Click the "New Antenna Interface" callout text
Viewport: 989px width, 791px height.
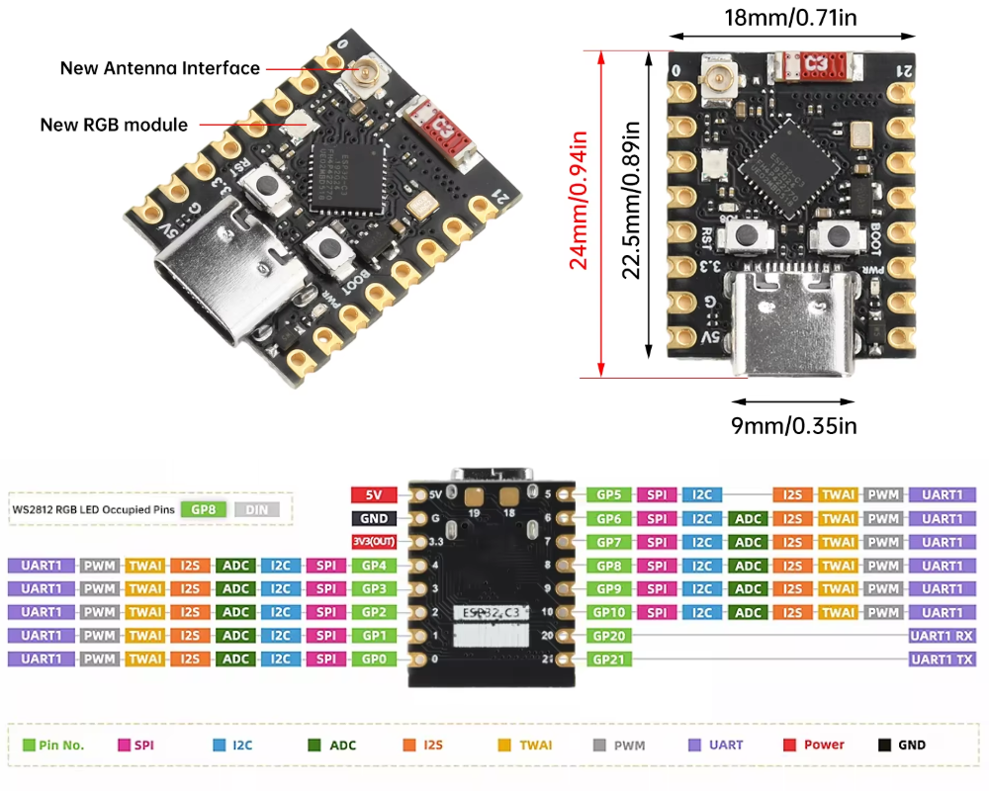click(159, 68)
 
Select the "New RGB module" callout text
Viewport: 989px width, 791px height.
click(114, 125)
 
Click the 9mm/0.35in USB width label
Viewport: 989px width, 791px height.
click(793, 426)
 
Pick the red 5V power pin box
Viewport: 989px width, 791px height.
click(374, 494)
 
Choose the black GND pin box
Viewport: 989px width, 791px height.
click(374, 518)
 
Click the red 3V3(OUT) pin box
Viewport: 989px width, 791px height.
click(374, 542)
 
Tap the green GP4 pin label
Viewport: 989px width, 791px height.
click(374, 566)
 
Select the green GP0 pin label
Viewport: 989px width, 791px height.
click(374, 659)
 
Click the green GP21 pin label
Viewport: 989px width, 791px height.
click(609, 659)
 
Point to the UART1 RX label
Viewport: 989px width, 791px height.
click(941, 636)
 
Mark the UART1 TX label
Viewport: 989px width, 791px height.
click(941, 659)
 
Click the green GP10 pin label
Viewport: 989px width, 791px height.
click(609, 613)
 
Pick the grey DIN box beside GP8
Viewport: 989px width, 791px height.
click(257, 510)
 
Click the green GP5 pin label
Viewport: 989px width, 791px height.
click(609, 494)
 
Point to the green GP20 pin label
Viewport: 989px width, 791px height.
click(609, 636)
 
